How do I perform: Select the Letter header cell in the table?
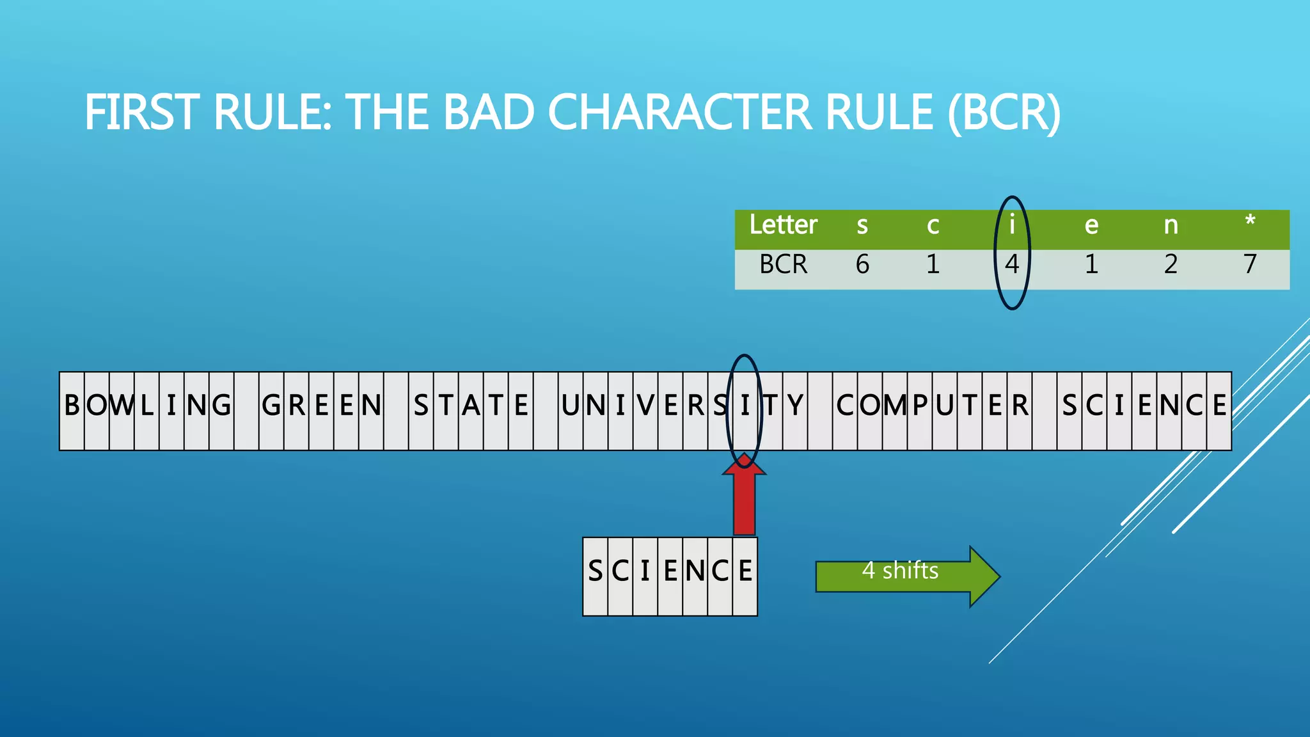click(783, 225)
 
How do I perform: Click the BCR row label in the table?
click(783, 264)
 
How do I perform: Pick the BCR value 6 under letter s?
click(862, 264)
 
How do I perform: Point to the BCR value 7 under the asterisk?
click(1250, 264)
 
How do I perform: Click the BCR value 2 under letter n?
click(1171, 264)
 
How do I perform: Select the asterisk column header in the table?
click(1250, 223)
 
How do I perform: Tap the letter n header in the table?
click(1171, 225)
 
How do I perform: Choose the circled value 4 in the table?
click(1011, 264)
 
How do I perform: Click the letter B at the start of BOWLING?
click(72, 406)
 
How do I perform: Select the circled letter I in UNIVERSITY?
click(745, 406)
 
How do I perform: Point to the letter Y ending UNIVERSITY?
click(794, 406)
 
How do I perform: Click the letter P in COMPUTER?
click(920, 406)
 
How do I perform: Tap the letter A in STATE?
click(471, 406)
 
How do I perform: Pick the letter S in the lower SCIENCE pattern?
click(595, 571)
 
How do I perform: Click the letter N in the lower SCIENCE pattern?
click(695, 571)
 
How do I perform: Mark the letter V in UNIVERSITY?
click(645, 406)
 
